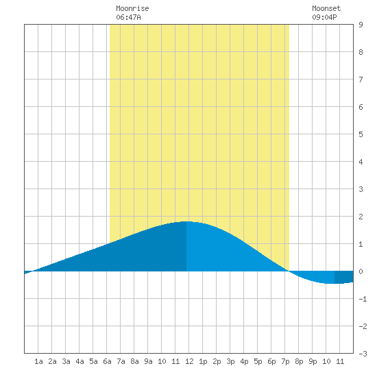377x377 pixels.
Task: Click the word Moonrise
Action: tap(132, 8)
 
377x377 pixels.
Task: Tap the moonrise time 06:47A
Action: tap(128, 17)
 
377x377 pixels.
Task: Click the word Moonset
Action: tap(326, 8)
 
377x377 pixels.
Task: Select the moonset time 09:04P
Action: tap(324, 17)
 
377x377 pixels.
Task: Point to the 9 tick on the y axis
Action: tap(361, 25)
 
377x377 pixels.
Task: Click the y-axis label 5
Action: tap(361, 134)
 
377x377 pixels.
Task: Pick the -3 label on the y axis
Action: tap(363, 354)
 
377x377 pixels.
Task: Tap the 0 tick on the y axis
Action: tap(361, 271)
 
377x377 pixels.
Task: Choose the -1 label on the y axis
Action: tap(363, 299)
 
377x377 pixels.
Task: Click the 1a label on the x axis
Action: tap(38, 361)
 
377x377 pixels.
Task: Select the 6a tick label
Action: tap(107, 361)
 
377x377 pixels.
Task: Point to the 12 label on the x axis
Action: tap(189, 361)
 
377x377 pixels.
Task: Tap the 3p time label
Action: tap(230, 361)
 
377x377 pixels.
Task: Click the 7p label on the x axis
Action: tap(285, 361)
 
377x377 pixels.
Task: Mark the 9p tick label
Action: tap(313, 361)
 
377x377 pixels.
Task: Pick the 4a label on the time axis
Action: tap(80, 361)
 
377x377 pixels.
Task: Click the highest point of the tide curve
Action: tap(186, 221)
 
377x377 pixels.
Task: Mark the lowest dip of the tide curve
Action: tap(335, 284)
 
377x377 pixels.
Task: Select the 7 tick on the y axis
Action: tap(361, 80)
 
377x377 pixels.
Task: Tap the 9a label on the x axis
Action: tap(148, 361)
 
